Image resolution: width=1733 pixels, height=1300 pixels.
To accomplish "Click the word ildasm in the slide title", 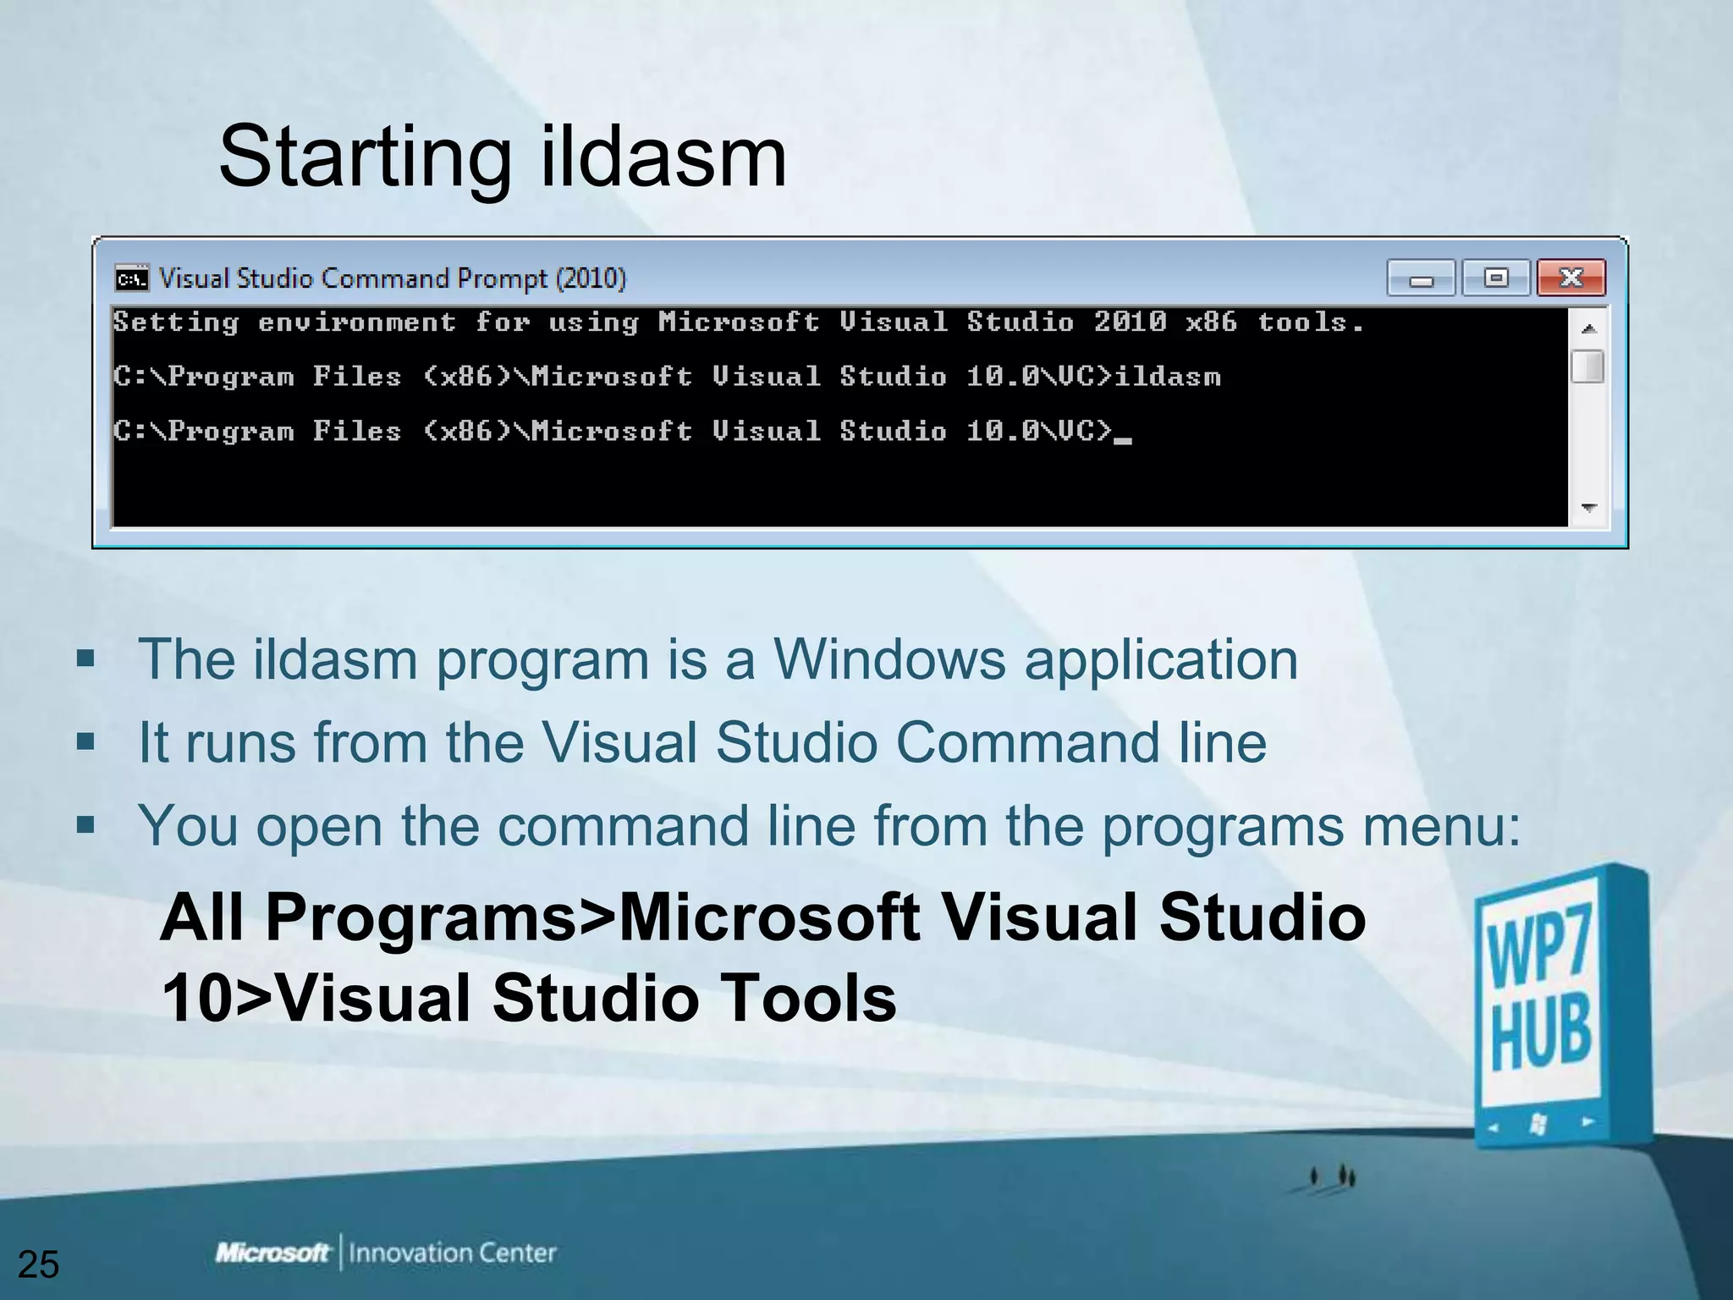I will [663, 157].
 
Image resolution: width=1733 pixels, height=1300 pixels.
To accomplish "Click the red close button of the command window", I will [1571, 278].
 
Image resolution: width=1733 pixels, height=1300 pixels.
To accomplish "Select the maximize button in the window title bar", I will [1496, 278].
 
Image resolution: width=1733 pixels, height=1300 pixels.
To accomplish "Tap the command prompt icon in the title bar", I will [132, 278].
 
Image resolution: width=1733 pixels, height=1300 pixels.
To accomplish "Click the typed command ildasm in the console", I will [1168, 377].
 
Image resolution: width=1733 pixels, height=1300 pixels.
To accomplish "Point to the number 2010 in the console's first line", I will [1131, 322].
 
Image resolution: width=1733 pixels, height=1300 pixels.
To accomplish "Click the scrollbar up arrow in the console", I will [1588, 328].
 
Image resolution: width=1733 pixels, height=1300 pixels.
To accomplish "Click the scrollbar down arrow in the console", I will [1588, 508].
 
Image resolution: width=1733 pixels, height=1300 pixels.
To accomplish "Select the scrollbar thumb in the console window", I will [1587, 366].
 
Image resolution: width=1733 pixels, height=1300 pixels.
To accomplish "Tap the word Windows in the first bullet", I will [889, 659].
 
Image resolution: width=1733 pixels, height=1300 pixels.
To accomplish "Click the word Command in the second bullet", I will [1027, 742].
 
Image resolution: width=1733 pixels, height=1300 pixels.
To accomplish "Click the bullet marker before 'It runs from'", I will [85, 742].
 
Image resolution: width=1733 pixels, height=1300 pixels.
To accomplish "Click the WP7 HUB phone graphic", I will [1557, 1007].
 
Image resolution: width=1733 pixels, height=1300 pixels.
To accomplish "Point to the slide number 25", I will [38, 1264].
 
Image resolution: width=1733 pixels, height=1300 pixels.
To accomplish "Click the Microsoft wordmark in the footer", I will [272, 1253].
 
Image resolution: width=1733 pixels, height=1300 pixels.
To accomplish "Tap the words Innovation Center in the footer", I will [453, 1253].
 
